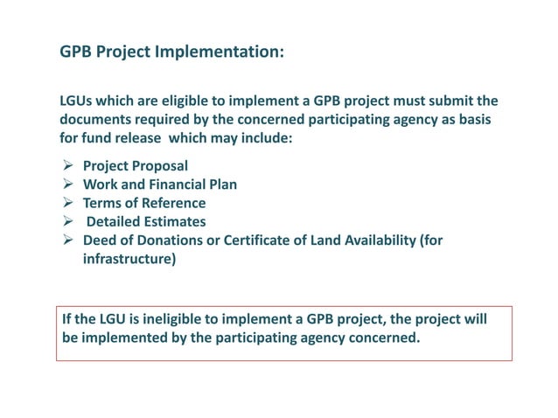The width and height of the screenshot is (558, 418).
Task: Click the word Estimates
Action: click(x=176, y=222)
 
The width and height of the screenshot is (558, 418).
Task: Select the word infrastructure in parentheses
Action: click(x=129, y=260)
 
